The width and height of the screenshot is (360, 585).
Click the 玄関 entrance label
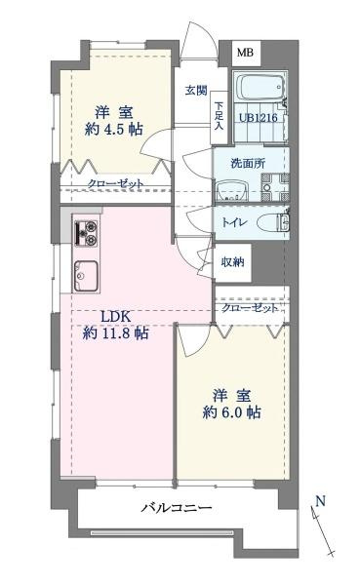pos(195,91)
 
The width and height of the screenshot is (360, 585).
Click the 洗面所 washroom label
pos(248,163)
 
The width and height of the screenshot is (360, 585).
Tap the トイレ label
pos(237,223)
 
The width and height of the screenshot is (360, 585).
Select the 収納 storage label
pos(231,261)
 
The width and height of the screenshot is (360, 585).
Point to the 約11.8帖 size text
pos(115,333)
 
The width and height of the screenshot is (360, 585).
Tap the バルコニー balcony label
pos(177,508)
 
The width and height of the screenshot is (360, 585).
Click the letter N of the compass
pos(319,503)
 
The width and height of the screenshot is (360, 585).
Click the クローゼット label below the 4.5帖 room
pos(115,183)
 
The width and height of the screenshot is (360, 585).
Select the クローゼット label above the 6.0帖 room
pos(249,308)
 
